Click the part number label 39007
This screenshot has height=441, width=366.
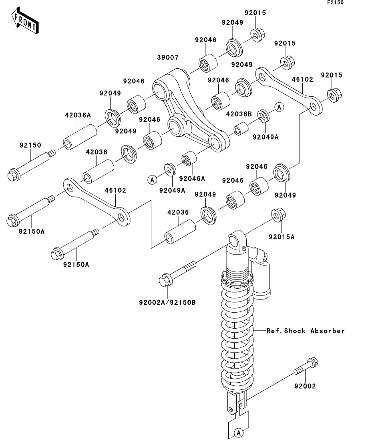coord(168,58)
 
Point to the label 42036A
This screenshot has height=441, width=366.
coord(78,115)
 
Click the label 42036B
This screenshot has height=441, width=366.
coord(239,114)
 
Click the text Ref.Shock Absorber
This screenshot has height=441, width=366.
coord(306,331)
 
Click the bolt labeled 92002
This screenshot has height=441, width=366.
coord(306,366)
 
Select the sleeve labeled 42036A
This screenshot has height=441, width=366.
coord(80,137)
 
